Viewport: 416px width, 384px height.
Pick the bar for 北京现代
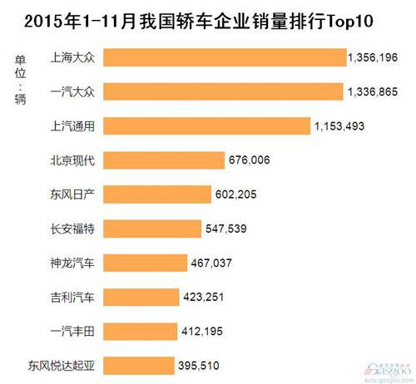coord(166,160)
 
